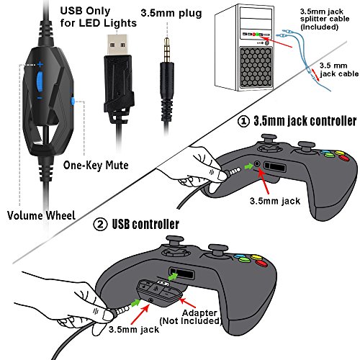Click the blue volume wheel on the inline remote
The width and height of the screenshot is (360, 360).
[40, 81]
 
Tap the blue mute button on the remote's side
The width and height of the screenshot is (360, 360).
[73, 101]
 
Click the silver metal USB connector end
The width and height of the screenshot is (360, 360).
[117, 45]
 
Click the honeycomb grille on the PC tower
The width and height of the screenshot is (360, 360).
[256, 68]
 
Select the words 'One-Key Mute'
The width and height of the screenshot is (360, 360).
[96, 166]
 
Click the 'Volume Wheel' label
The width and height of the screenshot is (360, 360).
[41, 215]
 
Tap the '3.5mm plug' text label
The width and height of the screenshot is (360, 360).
[171, 13]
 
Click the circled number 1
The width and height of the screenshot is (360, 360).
[243, 121]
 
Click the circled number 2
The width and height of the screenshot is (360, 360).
[100, 225]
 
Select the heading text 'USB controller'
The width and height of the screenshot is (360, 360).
[145, 224]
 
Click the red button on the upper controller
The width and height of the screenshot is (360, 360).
[343, 158]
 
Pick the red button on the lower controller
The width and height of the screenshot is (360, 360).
[261, 264]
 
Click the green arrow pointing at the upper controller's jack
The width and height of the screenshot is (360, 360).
[248, 166]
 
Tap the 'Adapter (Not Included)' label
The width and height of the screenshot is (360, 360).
[191, 317]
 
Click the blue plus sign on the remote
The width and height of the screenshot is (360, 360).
[40, 64]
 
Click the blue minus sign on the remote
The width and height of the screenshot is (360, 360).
[40, 98]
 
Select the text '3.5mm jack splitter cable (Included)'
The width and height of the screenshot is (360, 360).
[325, 19]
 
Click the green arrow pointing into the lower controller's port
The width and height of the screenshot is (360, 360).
[173, 276]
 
